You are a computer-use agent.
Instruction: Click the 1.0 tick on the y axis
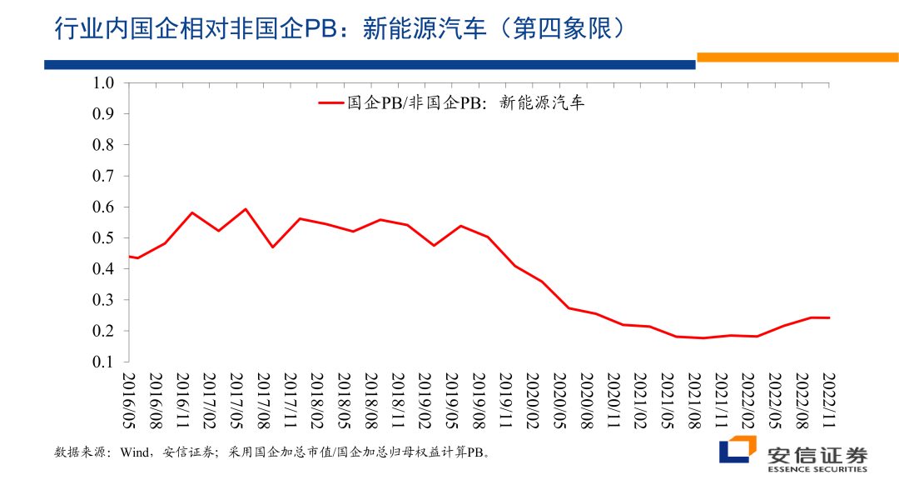[x=102, y=82]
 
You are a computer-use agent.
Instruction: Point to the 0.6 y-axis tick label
[x=102, y=207]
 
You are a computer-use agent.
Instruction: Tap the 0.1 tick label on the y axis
[x=102, y=362]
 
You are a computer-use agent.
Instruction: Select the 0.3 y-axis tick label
[x=102, y=299]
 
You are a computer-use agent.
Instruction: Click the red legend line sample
[x=331, y=103]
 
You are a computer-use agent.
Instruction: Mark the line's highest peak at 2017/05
[x=246, y=209]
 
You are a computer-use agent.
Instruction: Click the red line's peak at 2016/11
[x=191, y=212]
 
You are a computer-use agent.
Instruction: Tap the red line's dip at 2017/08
[x=272, y=247]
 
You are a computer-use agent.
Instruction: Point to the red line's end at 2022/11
[x=829, y=317]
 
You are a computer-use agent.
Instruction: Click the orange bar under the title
[x=797, y=57]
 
